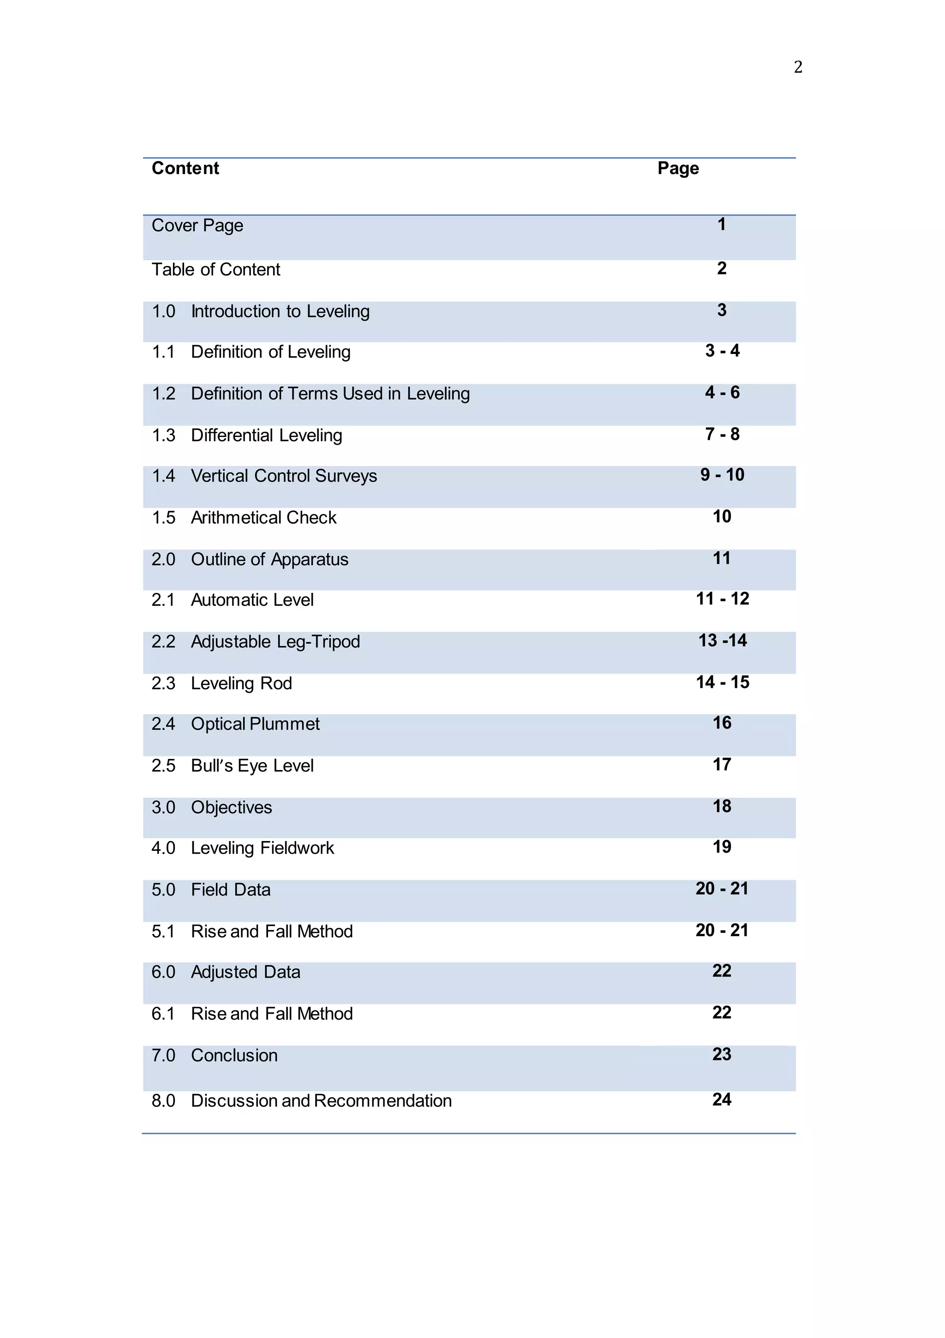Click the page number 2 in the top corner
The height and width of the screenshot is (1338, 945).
pyautogui.click(x=797, y=67)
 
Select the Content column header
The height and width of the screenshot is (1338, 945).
pyautogui.click(x=185, y=168)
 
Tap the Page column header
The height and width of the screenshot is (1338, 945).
pyautogui.click(x=678, y=168)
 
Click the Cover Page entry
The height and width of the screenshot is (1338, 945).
pyautogui.click(x=197, y=226)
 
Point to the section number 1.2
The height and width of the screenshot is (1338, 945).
pyautogui.click(x=163, y=394)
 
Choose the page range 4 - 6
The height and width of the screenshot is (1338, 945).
pyautogui.click(x=722, y=393)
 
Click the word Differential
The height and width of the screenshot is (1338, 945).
pyautogui.click(x=228, y=436)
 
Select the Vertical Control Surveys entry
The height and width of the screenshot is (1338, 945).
pyautogui.click(x=283, y=476)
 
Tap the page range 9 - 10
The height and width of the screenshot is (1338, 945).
pyautogui.click(x=722, y=475)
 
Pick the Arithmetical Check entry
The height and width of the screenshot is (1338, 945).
pyautogui.click(x=263, y=518)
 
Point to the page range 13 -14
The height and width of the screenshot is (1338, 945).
pyautogui.click(x=722, y=640)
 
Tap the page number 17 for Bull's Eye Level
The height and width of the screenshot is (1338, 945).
pyautogui.click(x=722, y=765)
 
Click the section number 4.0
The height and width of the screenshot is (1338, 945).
pyautogui.click(x=163, y=848)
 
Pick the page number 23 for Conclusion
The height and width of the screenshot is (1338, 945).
pyautogui.click(x=722, y=1054)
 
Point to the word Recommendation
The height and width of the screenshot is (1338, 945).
pyautogui.click(x=383, y=1101)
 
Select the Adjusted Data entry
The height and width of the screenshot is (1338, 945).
pyautogui.click(x=245, y=972)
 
